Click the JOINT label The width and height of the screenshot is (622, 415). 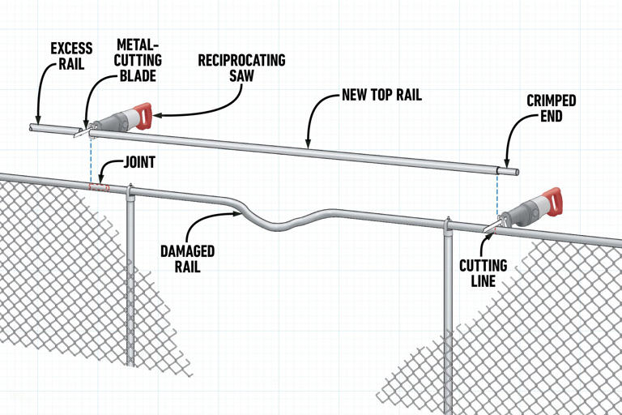[139, 163]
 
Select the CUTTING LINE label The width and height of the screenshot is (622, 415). [484, 273]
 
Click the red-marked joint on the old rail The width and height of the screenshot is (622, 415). [99, 187]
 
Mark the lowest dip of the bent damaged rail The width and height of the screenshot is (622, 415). [279, 225]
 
